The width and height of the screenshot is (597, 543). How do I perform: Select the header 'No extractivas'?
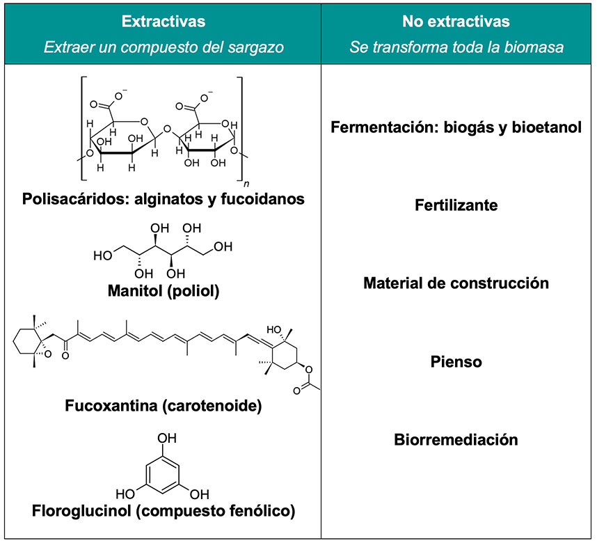coord(456,22)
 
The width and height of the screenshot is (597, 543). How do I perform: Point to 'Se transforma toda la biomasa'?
coord(456,47)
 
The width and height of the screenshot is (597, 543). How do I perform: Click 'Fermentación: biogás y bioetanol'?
coord(456,128)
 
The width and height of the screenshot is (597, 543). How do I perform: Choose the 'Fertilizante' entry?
coord(456,206)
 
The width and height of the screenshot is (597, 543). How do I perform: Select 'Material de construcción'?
coord(456,283)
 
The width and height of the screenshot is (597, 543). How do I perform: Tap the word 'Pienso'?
coord(456,362)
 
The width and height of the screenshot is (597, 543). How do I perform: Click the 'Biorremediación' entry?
coord(456,440)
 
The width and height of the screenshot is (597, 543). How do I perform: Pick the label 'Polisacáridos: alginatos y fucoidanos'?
coord(163,199)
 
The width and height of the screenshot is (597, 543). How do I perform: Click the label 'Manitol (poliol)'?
coord(163,290)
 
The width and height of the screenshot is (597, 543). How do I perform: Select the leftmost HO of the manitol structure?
coord(102,255)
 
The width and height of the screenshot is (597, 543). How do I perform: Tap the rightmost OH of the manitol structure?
coord(223,247)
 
